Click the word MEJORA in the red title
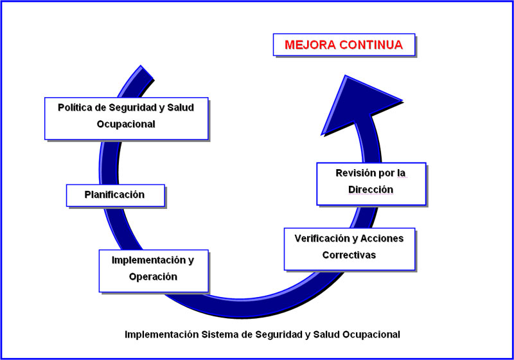tap(310, 45)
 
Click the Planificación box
tap(116, 195)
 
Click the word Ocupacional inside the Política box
tap(126, 124)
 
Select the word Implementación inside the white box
tap(150, 260)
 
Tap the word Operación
tap(153, 277)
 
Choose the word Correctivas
tap(349, 255)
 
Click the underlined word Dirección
tap(371, 190)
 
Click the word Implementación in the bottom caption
tap(162, 335)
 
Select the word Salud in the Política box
tap(181, 107)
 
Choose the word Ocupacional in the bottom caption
tap(371, 335)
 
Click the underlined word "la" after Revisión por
tap(402, 173)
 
